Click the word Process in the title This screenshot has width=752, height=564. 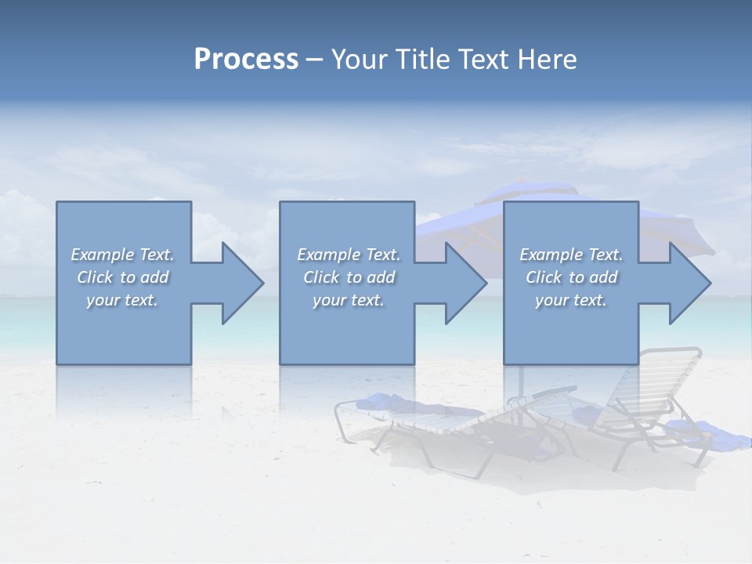[x=246, y=60]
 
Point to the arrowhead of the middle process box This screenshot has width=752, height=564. [x=465, y=283]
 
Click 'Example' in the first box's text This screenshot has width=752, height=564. [x=102, y=255]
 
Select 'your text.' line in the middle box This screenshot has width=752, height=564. [x=348, y=300]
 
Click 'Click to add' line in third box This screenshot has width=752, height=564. [x=571, y=277]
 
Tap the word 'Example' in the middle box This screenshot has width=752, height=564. [x=328, y=255]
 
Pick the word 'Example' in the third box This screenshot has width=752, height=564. [x=551, y=255]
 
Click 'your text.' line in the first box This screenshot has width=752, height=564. [x=122, y=300]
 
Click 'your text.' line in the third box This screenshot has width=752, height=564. [x=571, y=300]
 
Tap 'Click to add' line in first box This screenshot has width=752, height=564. [x=122, y=277]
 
